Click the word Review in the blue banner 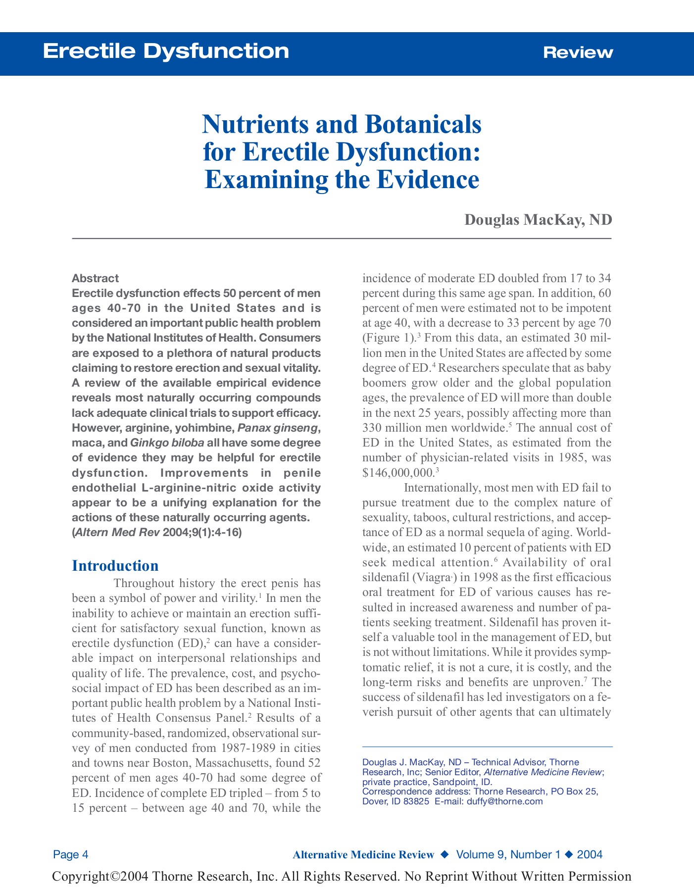coord(578,52)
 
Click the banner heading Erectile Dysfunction coord(166,51)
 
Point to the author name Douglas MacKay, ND coord(538,220)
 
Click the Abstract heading coord(95,278)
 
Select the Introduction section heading coord(115,566)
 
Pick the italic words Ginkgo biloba coord(167,443)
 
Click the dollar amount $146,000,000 coord(398,472)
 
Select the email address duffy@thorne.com coord(504,801)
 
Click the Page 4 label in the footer coord(71,854)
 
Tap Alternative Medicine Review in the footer coord(363,855)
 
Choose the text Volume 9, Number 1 coord(508,854)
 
